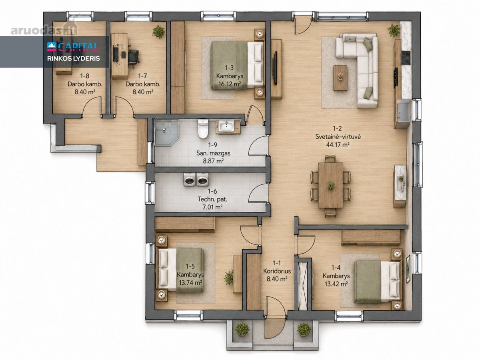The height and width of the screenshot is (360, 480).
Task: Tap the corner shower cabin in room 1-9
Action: point(166,132)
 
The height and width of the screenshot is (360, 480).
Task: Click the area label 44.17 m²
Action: point(338,144)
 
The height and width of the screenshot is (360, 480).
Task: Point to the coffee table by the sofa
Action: point(340,78)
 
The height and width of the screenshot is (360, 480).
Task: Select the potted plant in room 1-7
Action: point(158,32)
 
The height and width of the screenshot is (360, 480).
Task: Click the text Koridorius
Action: point(277,271)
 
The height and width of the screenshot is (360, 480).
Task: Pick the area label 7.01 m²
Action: point(212,207)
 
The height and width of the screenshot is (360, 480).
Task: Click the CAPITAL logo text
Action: point(78,46)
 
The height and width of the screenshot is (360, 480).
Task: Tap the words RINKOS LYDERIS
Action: point(74,58)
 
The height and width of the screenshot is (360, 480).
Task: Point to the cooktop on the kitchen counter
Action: point(406,58)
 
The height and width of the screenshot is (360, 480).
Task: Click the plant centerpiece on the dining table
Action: point(330,185)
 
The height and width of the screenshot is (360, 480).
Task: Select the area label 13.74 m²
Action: point(190,283)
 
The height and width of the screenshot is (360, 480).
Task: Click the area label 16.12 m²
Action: point(230,84)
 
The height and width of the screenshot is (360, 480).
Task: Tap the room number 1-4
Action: point(336,268)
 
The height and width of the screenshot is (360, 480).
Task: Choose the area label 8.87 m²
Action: point(213,161)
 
